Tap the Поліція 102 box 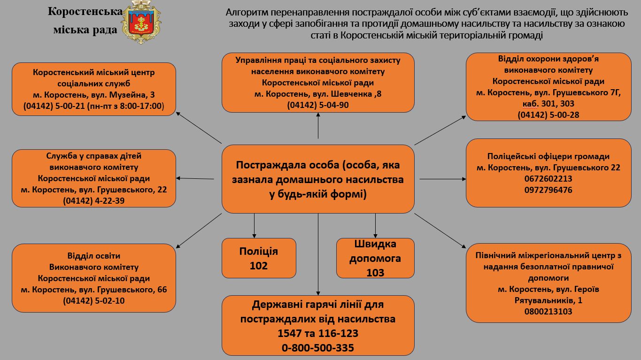[x=259, y=258]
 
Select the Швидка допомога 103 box [x=375, y=258]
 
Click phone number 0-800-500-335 [x=318, y=348]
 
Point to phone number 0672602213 [x=548, y=179]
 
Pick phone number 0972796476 [x=548, y=190]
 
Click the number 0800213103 [x=548, y=311]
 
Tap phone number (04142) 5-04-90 [x=318, y=105]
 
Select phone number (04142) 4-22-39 [x=93, y=201]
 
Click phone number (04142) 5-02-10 [x=93, y=301]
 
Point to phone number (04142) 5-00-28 [x=548, y=115]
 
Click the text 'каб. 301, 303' [x=548, y=103]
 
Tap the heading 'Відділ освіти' [x=93, y=256]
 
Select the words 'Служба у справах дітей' [x=93, y=156]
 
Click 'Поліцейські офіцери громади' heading [x=548, y=156]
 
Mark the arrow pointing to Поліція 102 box [x=254, y=225]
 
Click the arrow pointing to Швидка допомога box [x=375, y=225]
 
